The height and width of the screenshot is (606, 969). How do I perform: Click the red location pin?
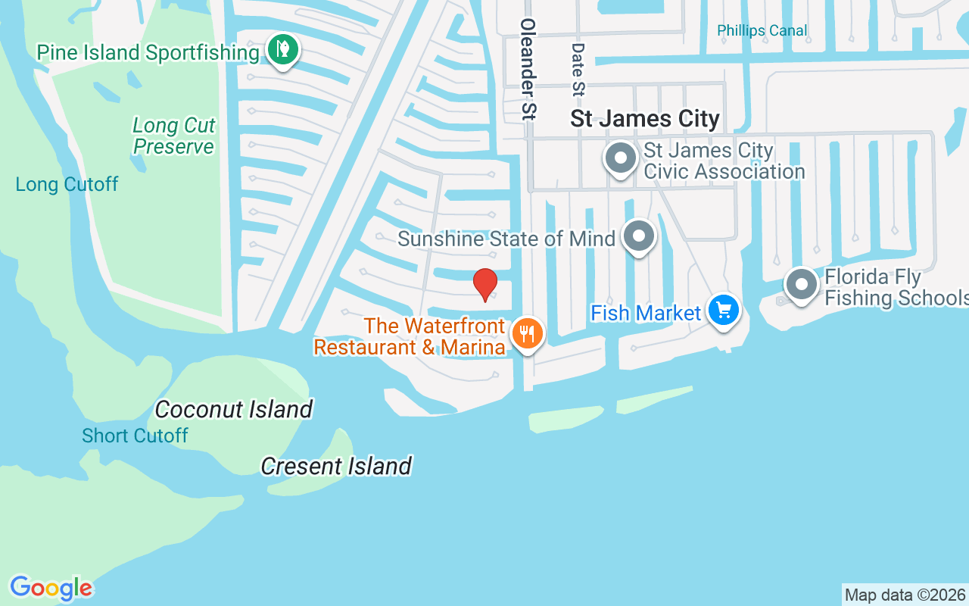tap(484, 284)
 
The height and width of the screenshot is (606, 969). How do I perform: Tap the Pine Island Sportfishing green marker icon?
tap(283, 50)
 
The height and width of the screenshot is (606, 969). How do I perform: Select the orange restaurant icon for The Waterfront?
tap(528, 333)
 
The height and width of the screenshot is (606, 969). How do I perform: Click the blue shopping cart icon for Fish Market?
tap(724, 310)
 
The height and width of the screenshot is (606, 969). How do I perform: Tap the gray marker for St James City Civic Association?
tap(622, 159)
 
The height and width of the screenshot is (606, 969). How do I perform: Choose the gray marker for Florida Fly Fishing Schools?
tap(801, 286)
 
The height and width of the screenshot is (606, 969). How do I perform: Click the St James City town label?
tap(644, 119)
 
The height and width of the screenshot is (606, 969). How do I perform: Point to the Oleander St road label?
tap(528, 69)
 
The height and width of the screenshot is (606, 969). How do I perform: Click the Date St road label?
tap(578, 70)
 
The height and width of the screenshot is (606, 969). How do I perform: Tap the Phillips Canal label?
tap(762, 31)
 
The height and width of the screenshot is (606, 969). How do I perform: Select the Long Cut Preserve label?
tap(174, 136)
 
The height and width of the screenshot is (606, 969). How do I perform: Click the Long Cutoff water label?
tap(67, 184)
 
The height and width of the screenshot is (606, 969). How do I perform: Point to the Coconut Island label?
tap(233, 410)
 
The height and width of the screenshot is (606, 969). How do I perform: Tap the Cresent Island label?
tap(336, 466)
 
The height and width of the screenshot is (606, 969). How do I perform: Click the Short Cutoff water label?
tap(135, 436)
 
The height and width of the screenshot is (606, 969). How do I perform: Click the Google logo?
tap(51, 588)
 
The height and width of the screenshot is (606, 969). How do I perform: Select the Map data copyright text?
tap(905, 595)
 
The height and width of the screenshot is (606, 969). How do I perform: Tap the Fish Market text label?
tap(646, 313)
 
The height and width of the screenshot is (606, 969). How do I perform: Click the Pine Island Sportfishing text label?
tap(148, 52)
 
